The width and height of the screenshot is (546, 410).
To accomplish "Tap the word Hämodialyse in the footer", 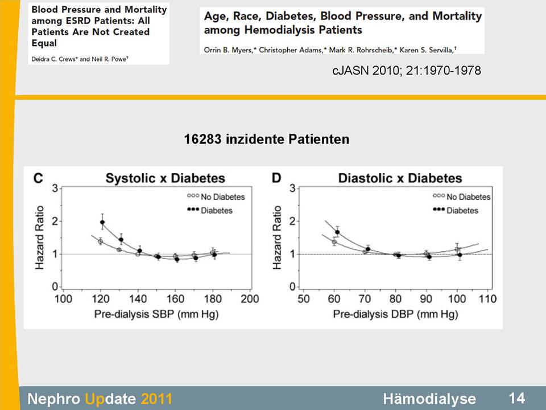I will click(429, 398).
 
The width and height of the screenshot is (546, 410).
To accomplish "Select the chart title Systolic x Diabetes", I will click(166, 178).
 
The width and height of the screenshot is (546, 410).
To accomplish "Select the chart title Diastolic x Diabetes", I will click(400, 178).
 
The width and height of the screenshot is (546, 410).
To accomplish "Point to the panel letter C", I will click(39, 178).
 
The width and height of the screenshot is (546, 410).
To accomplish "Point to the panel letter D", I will click(277, 178).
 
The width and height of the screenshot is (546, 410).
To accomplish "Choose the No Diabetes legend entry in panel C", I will click(216, 197).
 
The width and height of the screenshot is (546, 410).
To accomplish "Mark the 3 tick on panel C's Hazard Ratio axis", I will click(55, 188).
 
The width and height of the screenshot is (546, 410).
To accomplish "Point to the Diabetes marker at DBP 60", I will click(337, 232).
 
